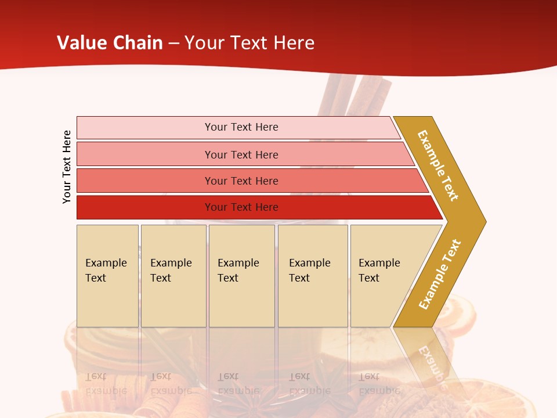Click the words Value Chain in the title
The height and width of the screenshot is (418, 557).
pos(110,43)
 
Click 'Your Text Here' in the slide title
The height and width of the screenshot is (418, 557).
pos(249,43)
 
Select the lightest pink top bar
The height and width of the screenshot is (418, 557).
pos(145,128)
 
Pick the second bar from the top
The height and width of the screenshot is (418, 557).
pos(145,154)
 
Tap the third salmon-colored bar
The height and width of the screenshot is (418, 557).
pos(145,181)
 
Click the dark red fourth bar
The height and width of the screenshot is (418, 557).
pos(145,207)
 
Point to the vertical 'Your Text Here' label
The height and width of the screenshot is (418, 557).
pos(67,167)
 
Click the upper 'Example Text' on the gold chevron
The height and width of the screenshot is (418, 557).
pos(438,165)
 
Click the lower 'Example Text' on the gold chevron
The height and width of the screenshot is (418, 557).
pos(440,275)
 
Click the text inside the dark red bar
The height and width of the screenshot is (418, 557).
pos(241,207)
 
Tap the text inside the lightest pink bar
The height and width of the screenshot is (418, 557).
pos(241,127)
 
